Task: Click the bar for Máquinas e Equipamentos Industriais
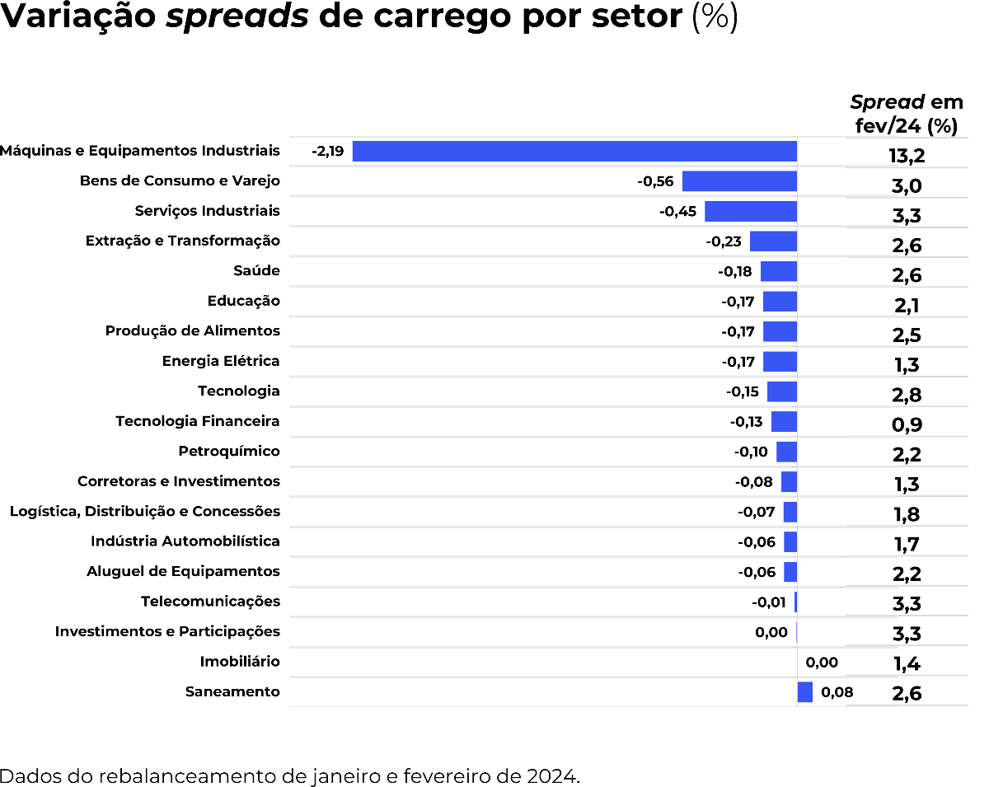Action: (574, 152)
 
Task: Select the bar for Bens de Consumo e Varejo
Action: (739, 181)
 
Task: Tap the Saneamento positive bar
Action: (804, 692)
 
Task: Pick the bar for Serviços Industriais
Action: (750, 211)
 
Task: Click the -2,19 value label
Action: (327, 152)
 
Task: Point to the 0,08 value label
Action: (837, 692)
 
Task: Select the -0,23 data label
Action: (724, 241)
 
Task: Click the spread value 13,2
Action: (907, 156)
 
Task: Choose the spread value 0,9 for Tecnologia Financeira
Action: (907, 425)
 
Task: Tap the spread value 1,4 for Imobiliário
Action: (907, 664)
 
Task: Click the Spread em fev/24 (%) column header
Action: (907, 115)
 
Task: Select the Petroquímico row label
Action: (229, 452)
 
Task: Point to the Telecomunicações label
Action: (210, 602)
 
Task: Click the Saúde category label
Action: (256, 271)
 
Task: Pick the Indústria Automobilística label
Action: (185, 541)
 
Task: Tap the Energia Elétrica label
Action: (221, 361)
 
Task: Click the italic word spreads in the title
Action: (237, 18)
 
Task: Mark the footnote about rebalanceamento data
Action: (290, 775)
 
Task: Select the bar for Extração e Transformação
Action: (773, 241)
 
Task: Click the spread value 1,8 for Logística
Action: (907, 515)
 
